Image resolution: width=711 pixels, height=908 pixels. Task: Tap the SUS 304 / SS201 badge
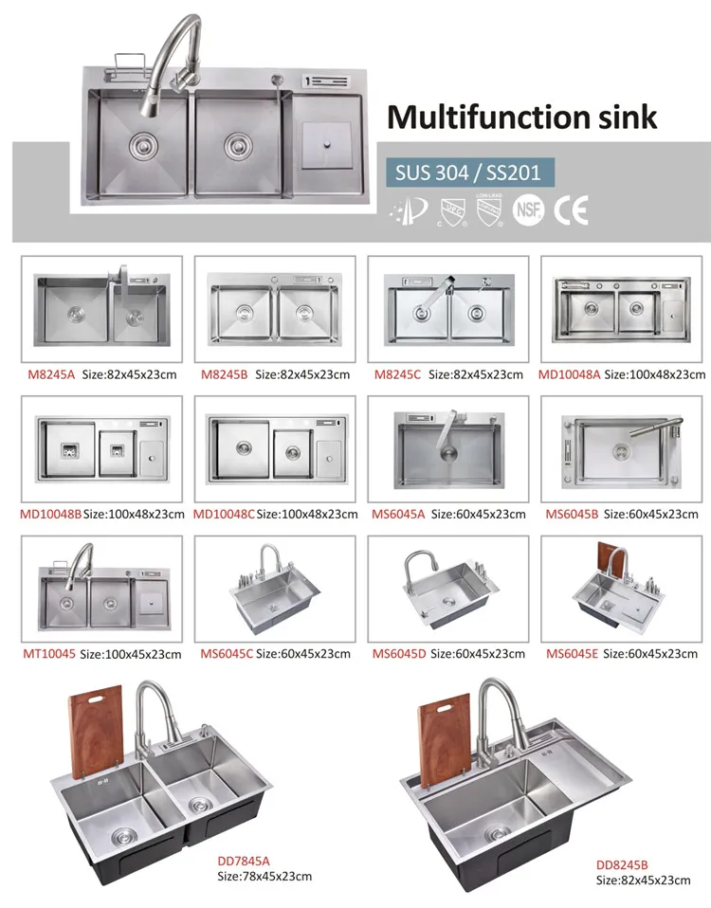coord(470,173)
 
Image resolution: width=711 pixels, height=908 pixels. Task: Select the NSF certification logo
coord(528,209)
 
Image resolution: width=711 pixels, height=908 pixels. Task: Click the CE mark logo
coord(571,209)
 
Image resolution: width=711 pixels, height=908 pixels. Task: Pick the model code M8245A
coord(51,374)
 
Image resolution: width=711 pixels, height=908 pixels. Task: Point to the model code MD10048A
coord(569,374)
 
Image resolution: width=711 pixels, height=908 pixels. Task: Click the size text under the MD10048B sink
coord(134,515)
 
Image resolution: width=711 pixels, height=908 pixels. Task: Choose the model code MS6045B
coord(572,515)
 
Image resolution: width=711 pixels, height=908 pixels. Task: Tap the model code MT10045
coord(49,654)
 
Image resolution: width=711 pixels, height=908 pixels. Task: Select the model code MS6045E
coord(572,654)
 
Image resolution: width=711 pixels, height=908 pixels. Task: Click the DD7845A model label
coord(244,862)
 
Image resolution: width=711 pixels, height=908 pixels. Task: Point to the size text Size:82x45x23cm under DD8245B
coord(644,881)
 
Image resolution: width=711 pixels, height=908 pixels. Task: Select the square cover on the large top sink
coord(327,145)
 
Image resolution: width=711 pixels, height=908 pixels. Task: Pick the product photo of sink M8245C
coord(448,309)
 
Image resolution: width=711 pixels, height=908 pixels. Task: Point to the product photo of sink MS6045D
coord(448,589)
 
